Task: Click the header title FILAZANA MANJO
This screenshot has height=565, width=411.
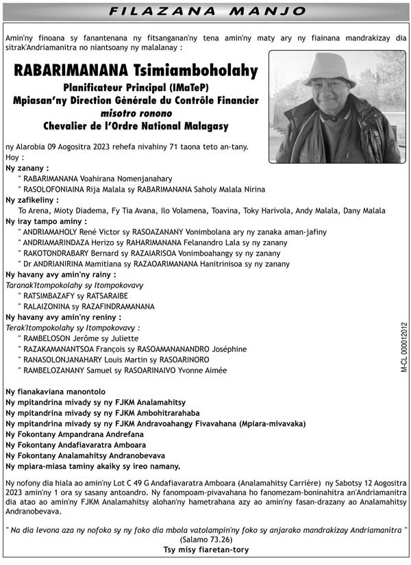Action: (206, 12)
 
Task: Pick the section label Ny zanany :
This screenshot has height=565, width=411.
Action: (27, 168)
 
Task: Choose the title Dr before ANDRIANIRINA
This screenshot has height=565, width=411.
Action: (28, 264)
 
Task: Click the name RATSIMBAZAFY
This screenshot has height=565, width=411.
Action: (49, 296)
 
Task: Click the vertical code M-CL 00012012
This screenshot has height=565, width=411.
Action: (403, 347)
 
